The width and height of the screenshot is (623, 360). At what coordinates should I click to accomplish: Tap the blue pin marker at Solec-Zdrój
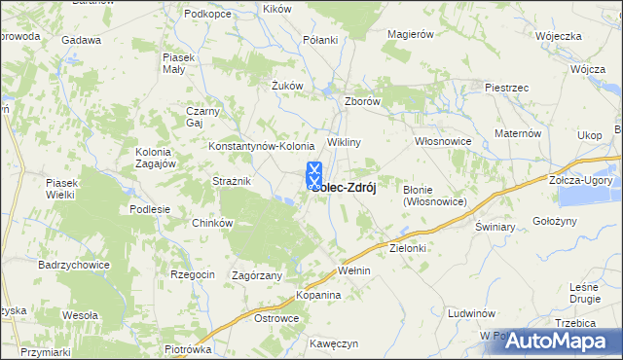click(x=314, y=176)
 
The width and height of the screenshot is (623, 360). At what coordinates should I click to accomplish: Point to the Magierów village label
click(x=409, y=34)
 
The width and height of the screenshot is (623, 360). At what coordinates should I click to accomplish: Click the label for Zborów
click(x=362, y=100)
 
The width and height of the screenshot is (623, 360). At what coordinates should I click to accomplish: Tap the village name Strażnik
click(x=233, y=181)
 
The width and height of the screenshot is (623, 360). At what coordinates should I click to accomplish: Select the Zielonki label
click(x=409, y=248)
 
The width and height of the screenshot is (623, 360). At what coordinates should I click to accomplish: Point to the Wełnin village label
click(x=353, y=270)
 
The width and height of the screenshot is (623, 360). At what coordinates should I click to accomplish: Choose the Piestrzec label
click(x=506, y=88)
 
